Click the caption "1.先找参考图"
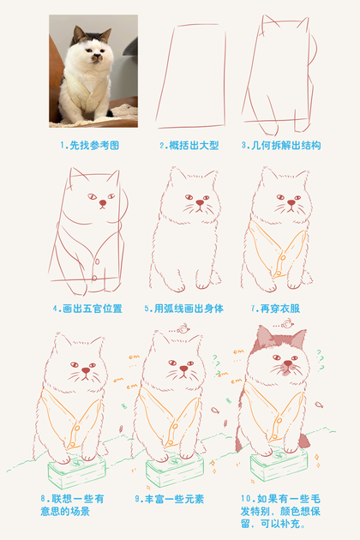89,146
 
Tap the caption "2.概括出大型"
189,146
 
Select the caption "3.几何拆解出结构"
281,146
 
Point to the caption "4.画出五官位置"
87,309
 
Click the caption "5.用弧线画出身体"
184,309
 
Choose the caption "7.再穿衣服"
275,309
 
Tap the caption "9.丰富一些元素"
170,499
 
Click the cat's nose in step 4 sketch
103,203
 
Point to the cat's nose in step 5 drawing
200,202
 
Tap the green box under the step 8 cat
76,471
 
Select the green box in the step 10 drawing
279,464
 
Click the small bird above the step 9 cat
183,329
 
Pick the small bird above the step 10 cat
287,324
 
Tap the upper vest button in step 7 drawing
283,257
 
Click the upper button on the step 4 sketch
97,261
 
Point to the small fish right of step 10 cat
319,405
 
